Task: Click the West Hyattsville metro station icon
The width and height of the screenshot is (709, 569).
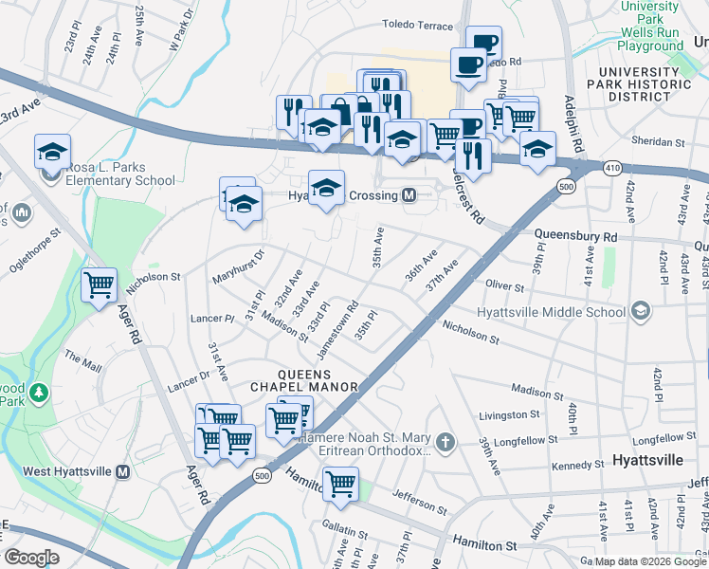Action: (x=122, y=471)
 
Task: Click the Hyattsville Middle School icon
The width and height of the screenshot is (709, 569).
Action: (x=642, y=311)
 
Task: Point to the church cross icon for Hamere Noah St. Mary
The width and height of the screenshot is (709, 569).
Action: (x=445, y=441)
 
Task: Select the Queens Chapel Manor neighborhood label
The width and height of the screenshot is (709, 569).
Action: (x=304, y=379)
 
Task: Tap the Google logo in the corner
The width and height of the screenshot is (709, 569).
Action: (x=31, y=558)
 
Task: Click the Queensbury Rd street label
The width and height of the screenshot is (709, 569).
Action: (x=575, y=234)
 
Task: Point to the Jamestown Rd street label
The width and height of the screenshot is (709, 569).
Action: (x=336, y=329)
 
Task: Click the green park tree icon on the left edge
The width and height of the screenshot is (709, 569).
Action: (x=39, y=392)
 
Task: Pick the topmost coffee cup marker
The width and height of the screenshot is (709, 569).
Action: (x=483, y=43)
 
